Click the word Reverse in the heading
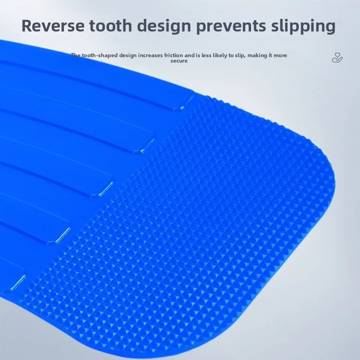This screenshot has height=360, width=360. [53, 26]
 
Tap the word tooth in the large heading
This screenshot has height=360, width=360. [111, 26]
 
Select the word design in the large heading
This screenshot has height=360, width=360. [164, 27]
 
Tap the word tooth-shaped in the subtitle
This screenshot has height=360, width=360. [100, 55]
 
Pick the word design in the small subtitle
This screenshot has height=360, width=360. [128, 55]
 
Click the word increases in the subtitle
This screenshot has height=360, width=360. [150, 55]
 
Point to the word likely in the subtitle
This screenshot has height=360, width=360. [220, 55]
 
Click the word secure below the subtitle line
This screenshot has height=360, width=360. [179, 61]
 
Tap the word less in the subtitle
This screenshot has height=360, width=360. [207, 55]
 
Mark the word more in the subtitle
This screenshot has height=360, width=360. [280, 55]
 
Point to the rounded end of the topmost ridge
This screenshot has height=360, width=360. [186, 104]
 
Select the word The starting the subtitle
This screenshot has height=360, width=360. [76, 55]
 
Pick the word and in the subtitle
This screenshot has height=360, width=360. [189, 55]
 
